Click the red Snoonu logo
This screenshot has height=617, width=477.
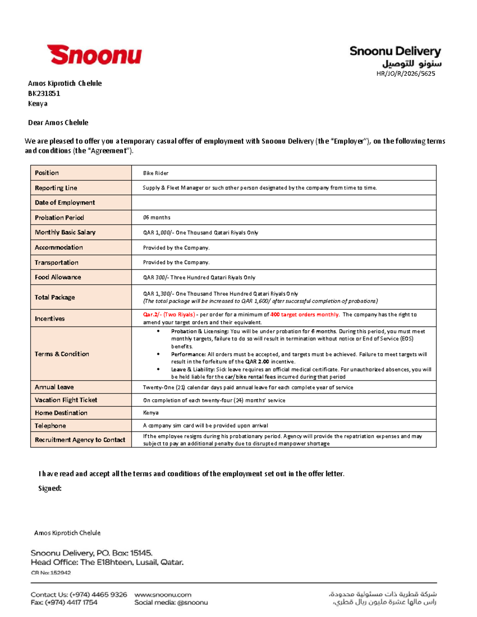point(94,55)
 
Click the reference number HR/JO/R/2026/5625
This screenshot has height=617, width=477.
point(405,73)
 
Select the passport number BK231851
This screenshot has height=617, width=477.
point(44,93)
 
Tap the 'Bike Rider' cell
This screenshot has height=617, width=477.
point(156,173)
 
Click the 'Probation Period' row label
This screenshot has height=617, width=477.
point(59,217)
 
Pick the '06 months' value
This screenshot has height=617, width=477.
point(157,217)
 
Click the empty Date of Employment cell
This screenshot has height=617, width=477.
point(283,202)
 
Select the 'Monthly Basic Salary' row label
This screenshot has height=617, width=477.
point(65,232)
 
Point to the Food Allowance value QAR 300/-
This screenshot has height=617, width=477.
point(199,277)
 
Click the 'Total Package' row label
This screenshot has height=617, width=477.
point(55,297)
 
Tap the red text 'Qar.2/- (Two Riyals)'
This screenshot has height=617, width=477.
point(169,315)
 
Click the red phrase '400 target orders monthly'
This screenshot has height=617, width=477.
point(304,315)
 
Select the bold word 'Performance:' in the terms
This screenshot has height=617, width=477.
point(188,354)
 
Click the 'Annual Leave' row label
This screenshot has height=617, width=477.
point(54,387)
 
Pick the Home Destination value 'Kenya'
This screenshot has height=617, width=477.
point(151,413)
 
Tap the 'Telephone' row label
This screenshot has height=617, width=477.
point(50,426)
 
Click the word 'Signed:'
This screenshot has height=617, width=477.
point(50,488)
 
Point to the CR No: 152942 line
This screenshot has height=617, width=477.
point(51,573)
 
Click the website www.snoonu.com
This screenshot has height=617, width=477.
point(163,595)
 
